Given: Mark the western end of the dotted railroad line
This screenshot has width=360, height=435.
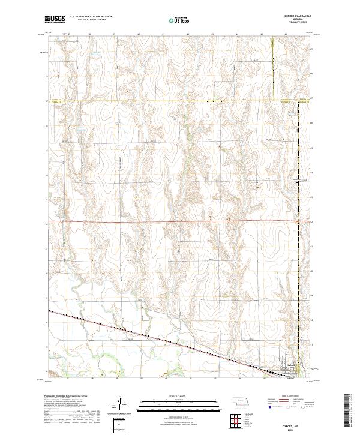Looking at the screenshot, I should [x=50, y=311].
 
